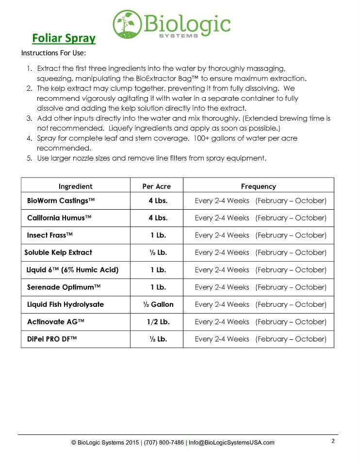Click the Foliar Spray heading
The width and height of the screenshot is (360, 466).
click(x=64, y=38)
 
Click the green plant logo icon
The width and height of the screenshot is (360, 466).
click(x=128, y=24)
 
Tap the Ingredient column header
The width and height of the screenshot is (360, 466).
click(x=75, y=186)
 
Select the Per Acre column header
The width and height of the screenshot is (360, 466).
click(x=156, y=186)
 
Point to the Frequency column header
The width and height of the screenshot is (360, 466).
click(x=258, y=186)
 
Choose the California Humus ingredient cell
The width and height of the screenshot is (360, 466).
click(x=59, y=218)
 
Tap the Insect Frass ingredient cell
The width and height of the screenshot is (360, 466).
click(x=50, y=235)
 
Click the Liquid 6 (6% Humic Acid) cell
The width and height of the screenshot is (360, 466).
click(x=73, y=270)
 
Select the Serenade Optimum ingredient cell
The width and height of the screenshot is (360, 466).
click(x=64, y=287)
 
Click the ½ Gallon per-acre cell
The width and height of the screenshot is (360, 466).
click(x=158, y=304)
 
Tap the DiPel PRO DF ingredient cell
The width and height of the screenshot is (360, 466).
click(x=52, y=339)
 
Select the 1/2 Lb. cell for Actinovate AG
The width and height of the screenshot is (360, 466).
click(x=158, y=322)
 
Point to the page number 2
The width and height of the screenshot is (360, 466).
click(x=333, y=441)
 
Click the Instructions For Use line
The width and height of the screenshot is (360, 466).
click(x=54, y=52)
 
